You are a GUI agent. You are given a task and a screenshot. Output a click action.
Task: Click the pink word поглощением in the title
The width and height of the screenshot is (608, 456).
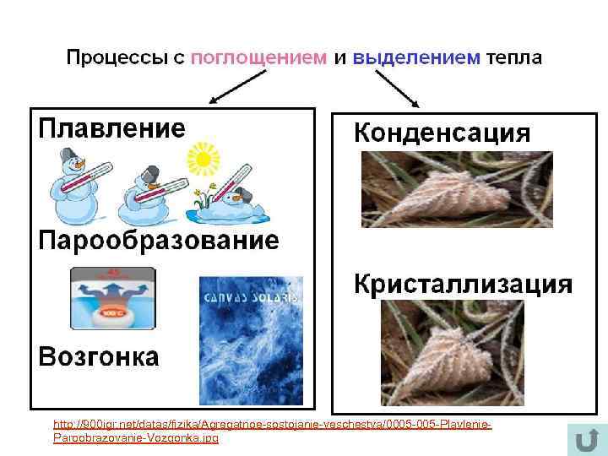(258, 58)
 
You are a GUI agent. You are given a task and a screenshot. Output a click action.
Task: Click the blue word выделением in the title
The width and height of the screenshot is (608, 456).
(415, 58)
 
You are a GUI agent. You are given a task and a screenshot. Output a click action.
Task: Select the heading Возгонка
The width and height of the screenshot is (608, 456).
(99, 356)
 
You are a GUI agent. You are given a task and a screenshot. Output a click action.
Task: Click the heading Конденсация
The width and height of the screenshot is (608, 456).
(442, 133)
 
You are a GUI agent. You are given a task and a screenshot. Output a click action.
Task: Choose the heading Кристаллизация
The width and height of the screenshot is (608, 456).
(462, 284)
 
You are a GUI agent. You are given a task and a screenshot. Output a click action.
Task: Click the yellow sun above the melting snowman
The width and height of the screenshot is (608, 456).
(203, 158)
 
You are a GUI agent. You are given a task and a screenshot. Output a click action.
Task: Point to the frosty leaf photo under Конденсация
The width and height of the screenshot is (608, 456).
(457, 189)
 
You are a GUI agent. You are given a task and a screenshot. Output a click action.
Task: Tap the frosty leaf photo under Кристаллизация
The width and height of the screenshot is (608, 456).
(452, 352)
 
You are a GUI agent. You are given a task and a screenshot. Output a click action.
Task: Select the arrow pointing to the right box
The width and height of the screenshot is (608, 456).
(397, 89)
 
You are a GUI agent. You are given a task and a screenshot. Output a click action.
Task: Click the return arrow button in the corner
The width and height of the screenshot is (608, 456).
(582, 440)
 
